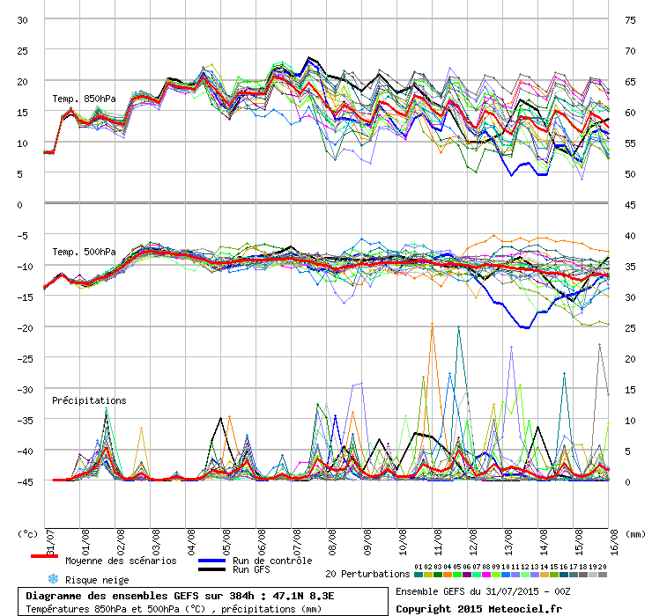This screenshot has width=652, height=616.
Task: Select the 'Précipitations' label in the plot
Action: pyautogui.click(x=89, y=400)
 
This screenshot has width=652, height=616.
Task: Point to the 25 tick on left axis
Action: pyautogui.click(x=24, y=50)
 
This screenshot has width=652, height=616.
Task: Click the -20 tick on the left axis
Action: pyautogui.click(x=24, y=327)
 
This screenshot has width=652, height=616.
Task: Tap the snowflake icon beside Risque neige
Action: pyautogui.click(x=52, y=579)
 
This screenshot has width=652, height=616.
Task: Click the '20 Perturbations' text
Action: pyautogui.click(x=367, y=574)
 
